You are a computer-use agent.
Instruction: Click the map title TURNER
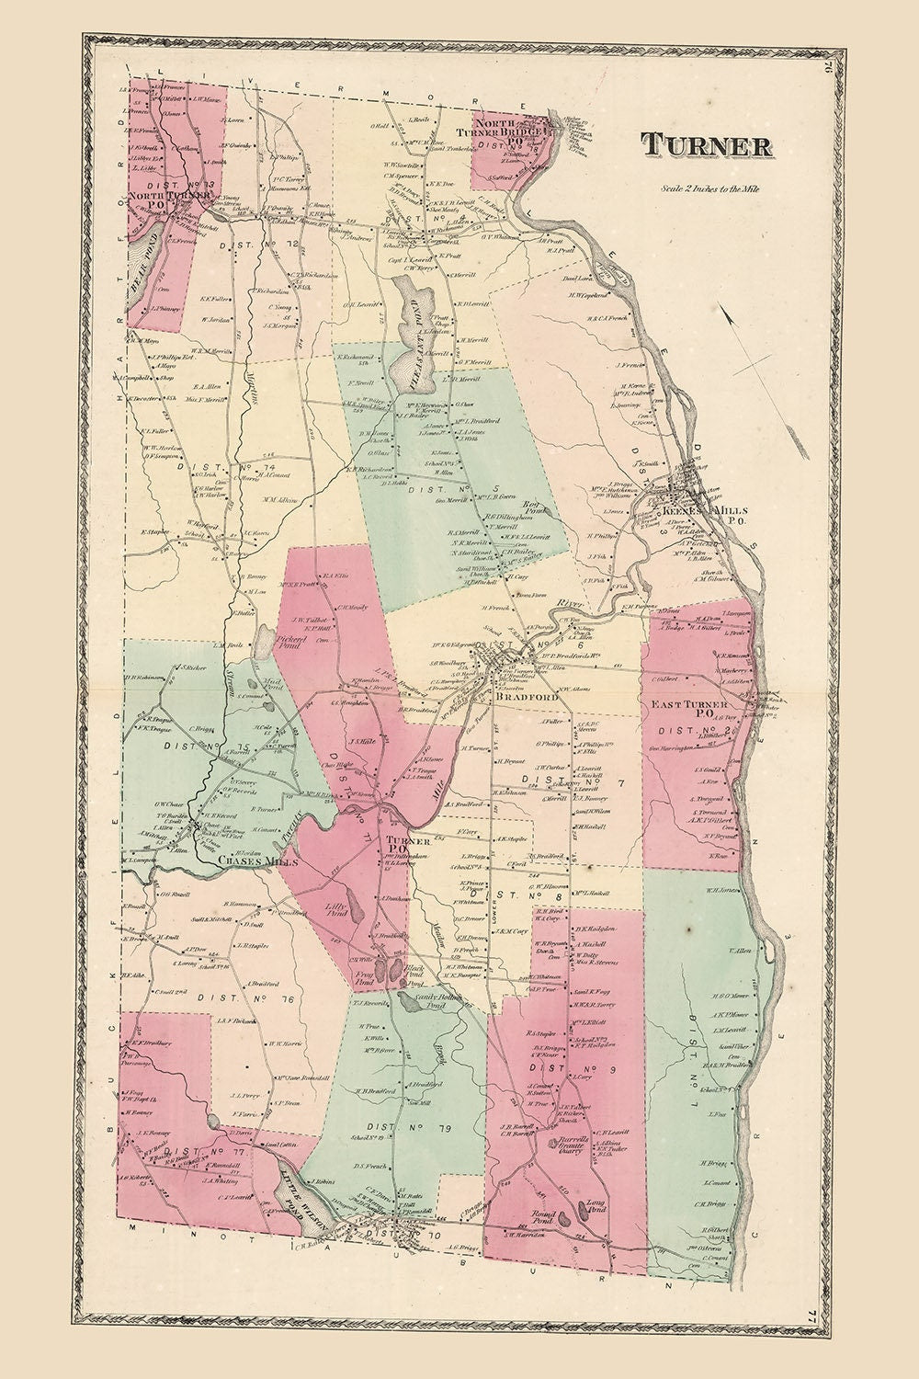point(706,145)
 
